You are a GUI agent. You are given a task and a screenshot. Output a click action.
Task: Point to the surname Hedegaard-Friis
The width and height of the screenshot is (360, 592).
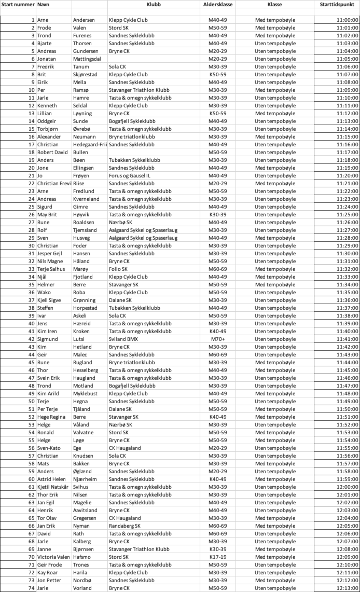pyautogui.click(x=90, y=145)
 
